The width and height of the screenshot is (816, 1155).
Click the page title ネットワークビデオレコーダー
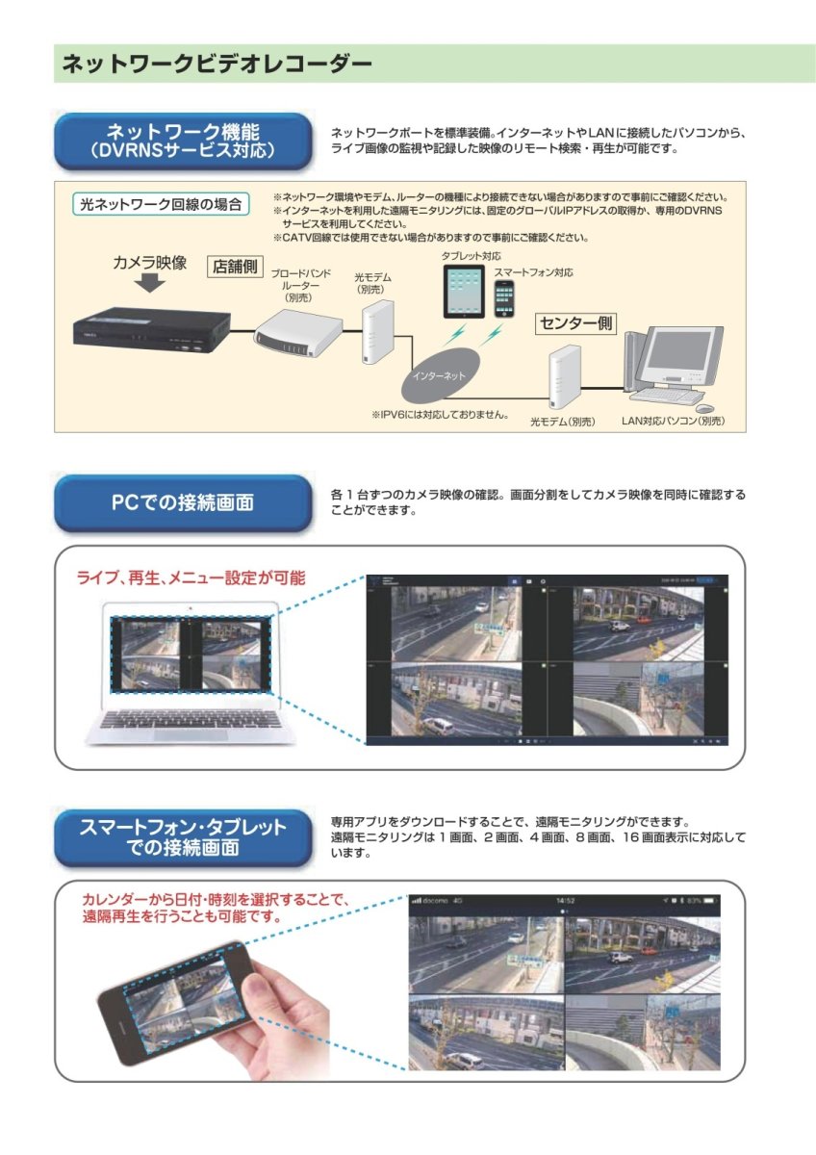point(217,64)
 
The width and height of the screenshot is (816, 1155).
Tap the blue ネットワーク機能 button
point(183,141)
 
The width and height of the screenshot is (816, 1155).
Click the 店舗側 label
point(234,267)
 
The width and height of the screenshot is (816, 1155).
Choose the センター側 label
point(574,323)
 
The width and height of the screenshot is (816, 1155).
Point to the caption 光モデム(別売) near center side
point(563,422)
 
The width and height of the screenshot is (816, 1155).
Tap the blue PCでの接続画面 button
point(183,503)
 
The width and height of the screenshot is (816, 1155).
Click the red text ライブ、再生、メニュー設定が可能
point(191,578)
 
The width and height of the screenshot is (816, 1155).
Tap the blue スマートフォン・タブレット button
point(183,837)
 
